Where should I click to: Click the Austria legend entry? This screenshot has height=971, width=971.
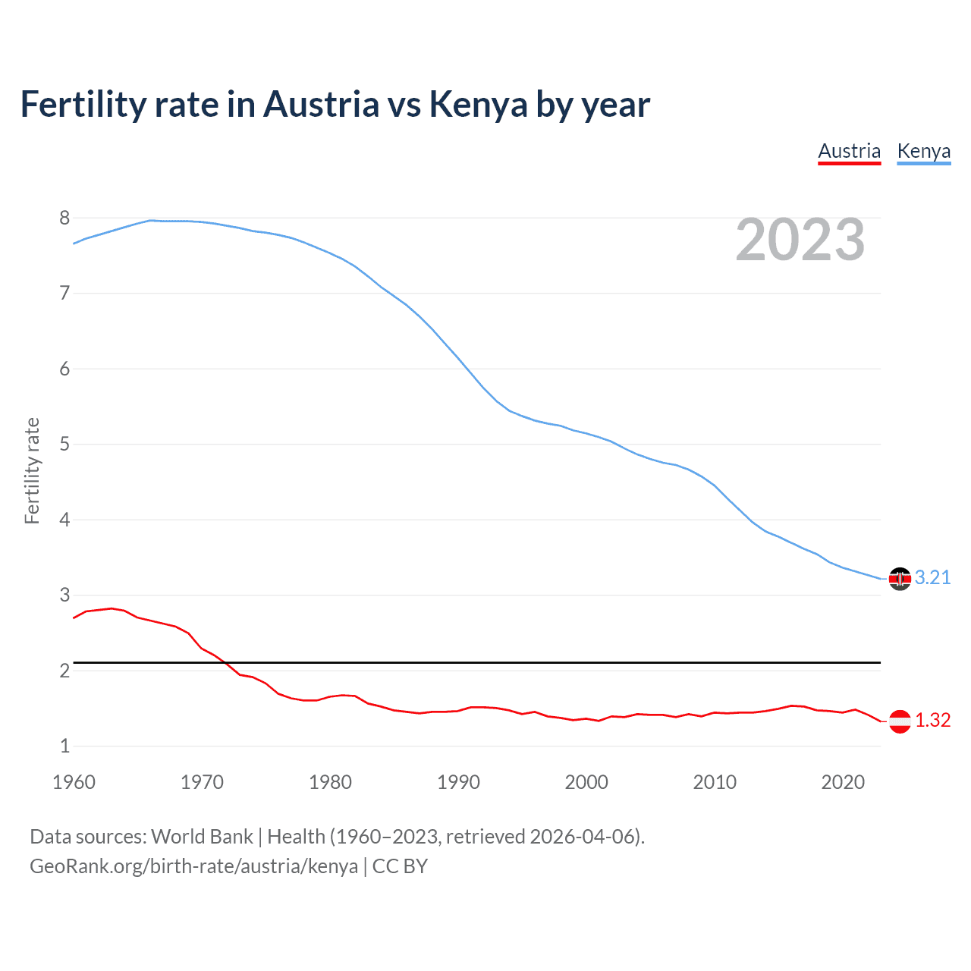coord(849,152)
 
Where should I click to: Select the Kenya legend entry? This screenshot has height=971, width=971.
coord(923,152)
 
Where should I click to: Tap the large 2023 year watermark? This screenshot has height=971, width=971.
coord(800,240)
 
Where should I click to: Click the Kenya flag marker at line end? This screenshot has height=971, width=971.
coord(900,579)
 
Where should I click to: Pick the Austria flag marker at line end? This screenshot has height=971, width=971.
coord(900,721)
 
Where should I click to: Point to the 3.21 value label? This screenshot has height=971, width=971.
coord(932,578)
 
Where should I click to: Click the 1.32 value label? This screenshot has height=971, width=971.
coord(932,721)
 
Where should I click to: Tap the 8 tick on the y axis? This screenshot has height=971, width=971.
coord(64,218)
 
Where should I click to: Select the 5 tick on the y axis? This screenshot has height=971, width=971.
coord(64,444)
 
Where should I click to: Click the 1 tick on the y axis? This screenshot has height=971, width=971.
coord(64,746)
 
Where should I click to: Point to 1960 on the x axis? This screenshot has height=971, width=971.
coord(74,782)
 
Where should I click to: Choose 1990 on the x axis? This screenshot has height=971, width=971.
coord(458,782)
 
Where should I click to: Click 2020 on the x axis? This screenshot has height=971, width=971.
coord(843,782)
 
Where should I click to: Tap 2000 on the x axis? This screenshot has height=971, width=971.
coord(586,782)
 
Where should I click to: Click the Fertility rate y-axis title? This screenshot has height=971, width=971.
coord(32,470)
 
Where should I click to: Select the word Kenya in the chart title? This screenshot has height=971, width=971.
coord(478,105)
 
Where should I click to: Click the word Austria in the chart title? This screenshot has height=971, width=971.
coord(321,105)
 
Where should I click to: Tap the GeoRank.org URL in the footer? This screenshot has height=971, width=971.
coord(193,866)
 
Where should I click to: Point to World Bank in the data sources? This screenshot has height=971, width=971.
coord(202,837)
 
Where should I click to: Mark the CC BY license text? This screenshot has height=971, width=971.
coord(400,866)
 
